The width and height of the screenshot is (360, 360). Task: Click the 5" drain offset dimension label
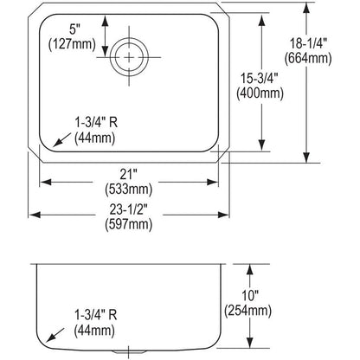(74, 29)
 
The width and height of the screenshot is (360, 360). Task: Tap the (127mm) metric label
(72, 44)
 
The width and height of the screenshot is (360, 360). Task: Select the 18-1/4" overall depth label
(307, 44)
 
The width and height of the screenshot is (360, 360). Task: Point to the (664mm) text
(308, 59)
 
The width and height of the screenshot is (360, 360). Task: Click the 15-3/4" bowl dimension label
(260, 78)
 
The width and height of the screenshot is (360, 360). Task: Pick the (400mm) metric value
(260, 93)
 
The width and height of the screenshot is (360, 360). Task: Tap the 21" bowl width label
(128, 174)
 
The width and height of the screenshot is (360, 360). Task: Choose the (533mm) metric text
(128, 190)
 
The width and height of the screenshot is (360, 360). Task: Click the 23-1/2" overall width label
(129, 209)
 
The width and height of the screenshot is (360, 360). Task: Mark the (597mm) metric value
(128, 224)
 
